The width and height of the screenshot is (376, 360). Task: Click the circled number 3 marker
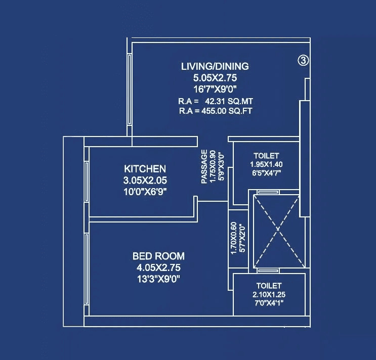click(303, 61)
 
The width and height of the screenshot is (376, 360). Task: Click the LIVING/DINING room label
click(215, 66)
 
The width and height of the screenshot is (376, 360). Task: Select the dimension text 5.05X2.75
click(215, 78)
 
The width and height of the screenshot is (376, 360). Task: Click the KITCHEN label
click(145, 169)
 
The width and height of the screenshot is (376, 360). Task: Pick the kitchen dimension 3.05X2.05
click(145, 180)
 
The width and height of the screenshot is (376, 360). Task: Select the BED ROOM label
click(158, 256)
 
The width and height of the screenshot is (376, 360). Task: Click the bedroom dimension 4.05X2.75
click(158, 268)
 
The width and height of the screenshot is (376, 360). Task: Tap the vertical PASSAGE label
click(204, 166)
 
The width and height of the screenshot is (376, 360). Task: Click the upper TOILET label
click(266, 156)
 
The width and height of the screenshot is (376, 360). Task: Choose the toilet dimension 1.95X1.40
click(266, 164)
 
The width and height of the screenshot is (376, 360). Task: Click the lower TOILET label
click(269, 286)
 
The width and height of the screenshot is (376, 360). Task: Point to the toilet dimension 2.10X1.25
click(269, 294)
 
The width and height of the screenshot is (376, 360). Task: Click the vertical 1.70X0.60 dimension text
click(234, 238)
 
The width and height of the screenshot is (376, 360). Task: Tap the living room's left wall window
click(130, 90)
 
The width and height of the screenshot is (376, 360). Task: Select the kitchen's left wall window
click(87, 182)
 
